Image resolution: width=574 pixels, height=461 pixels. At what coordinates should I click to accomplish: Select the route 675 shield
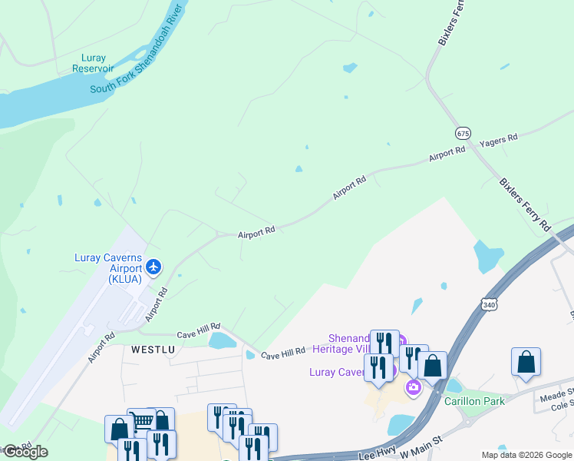click(462, 133)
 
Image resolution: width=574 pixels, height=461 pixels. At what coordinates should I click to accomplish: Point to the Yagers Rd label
click(499, 141)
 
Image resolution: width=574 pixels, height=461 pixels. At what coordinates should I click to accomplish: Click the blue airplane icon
click(154, 267)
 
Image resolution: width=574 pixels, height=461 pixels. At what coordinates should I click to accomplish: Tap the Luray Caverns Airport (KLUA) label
click(107, 268)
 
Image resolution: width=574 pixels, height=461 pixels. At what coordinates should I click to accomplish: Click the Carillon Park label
click(474, 400)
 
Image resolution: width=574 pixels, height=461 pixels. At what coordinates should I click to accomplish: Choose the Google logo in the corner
click(25, 452)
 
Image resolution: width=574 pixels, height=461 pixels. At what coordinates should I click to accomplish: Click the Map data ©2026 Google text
click(526, 455)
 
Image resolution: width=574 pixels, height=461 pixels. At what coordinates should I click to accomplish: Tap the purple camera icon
click(414, 386)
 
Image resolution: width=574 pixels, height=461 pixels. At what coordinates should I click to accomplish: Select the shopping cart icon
click(141, 421)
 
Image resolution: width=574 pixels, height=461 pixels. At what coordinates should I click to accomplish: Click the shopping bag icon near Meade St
click(526, 362)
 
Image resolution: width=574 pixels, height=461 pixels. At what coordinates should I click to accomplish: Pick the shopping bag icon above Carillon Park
click(432, 366)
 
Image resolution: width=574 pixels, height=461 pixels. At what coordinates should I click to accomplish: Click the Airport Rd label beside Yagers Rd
click(447, 154)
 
